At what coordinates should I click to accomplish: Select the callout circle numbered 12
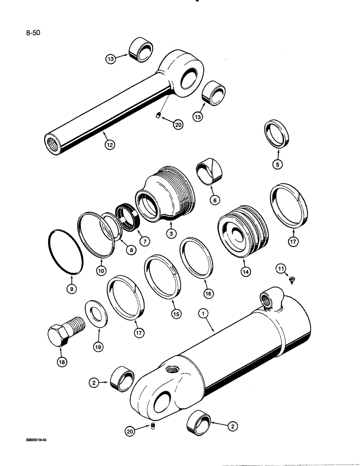(109, 145)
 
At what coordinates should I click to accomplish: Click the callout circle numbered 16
(208, 293)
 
